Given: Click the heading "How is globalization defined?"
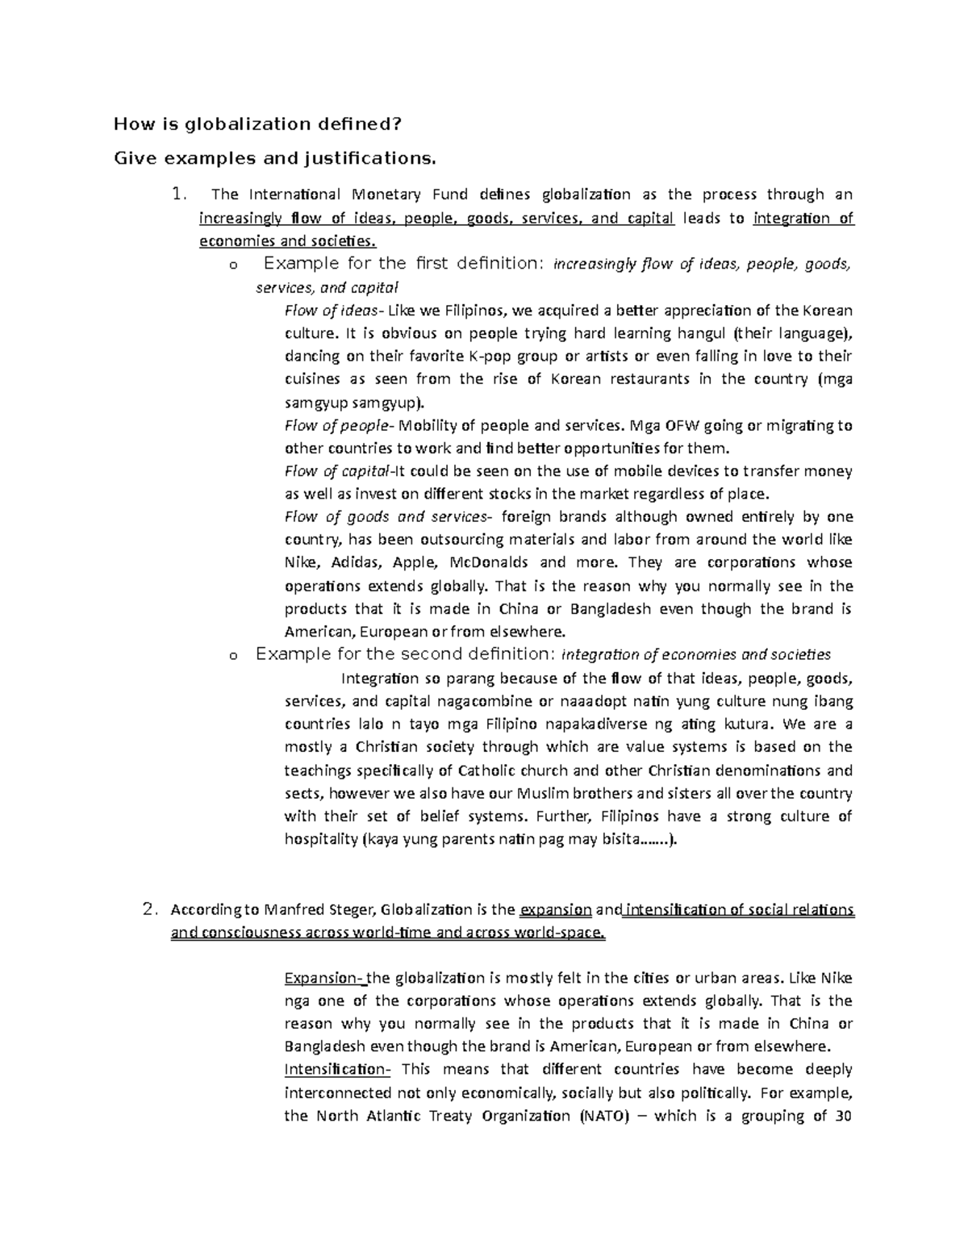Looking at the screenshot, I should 257,124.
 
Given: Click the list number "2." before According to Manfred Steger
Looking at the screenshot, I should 148,910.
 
